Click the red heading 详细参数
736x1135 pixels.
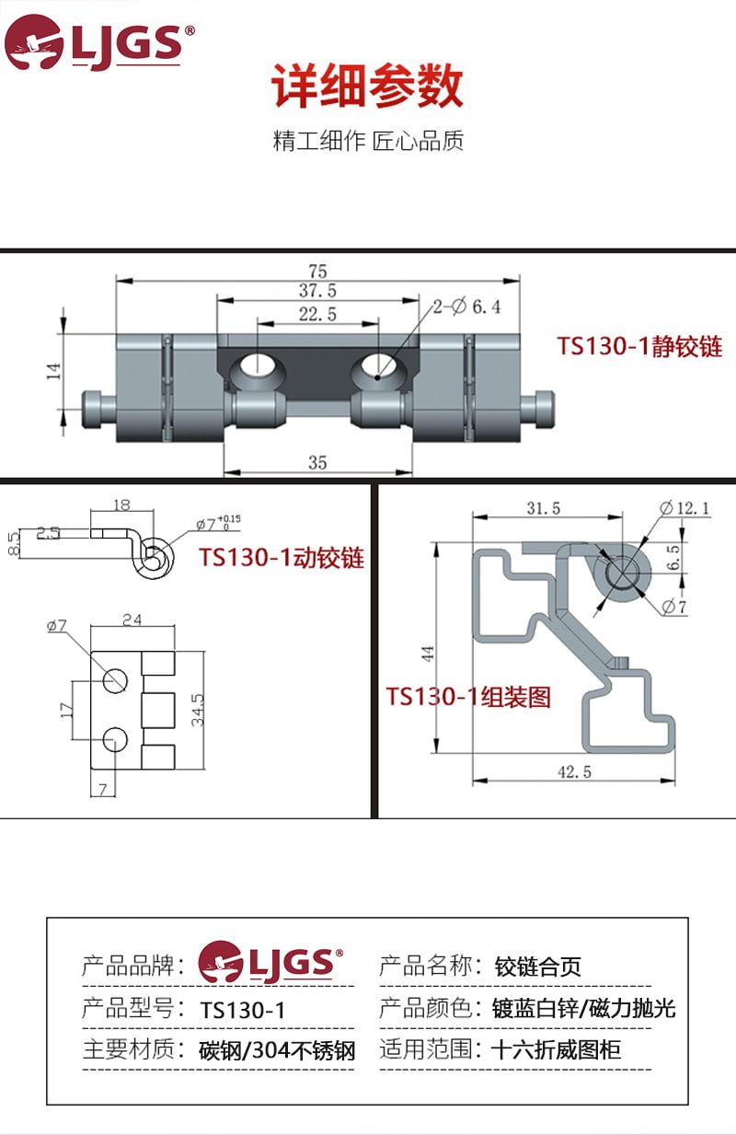367,86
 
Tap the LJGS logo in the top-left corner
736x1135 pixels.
99,42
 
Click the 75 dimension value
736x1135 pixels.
317,271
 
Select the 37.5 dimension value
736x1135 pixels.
317,291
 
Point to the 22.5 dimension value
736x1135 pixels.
317,314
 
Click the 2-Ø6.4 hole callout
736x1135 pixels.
466,307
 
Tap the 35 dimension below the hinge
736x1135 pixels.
317,462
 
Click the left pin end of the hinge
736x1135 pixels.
99,410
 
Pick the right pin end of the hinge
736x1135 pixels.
537,410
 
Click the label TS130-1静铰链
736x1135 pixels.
639,347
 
